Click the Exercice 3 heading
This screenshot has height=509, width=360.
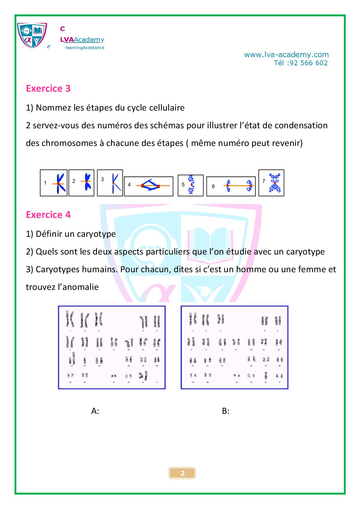pyautogui.click(x=48, y=89)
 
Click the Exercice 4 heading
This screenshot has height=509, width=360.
pyautogui.click(x=48, y=215)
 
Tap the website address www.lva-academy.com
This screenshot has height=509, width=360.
pyautogui.click(x=286, y=55)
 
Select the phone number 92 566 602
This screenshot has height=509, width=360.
pyautogui.click(x=309, y=63)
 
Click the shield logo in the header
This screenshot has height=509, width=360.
pyautogui.click(x=32, y=35)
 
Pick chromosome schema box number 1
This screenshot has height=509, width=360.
pyautogui.click(x=54, y=183)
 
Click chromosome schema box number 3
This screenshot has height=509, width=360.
pyautogui.click(x=110, y=183)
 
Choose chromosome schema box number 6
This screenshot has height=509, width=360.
pyautogui.click(x=231, y=186)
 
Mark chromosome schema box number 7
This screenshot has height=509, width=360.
pyautogui.click(x=271, y=183)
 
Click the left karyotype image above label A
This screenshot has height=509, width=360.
pyautogui.click(x=112, y=347)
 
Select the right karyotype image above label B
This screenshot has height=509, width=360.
pyautogui.click(x=234, y=347)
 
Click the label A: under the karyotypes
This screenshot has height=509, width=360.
pyautogui.click(x=95, y=411)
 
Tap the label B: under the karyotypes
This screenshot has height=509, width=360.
pyautogui.click(x=226, y=411)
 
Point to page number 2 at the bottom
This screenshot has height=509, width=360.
pyautogui.click(x=182, y=473)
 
